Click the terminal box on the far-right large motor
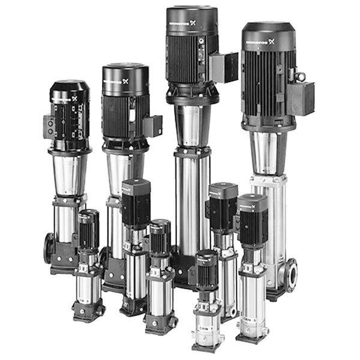coord(301,97)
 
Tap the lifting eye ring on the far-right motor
coord(299,76)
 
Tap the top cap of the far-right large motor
coord(268,27)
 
